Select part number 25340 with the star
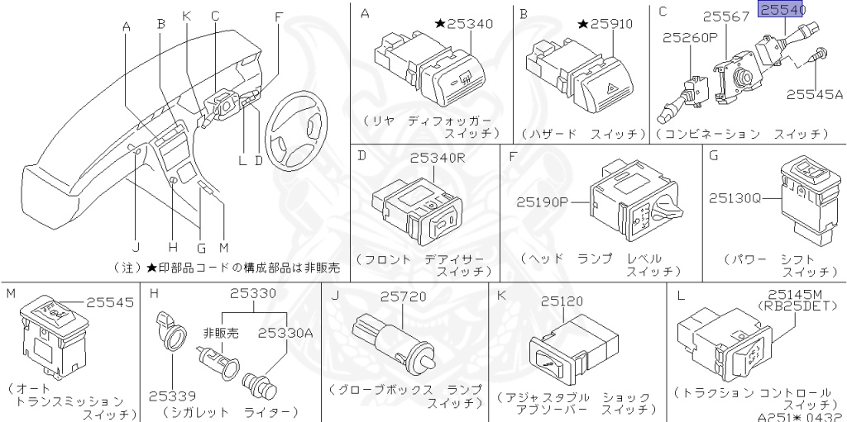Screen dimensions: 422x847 tap(464, 23)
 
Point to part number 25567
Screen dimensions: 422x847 tap(726, 16)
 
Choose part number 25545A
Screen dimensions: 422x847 tap(814, 95)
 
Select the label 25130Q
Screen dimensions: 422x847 tap(735, 198)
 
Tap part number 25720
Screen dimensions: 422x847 tap(403, 296)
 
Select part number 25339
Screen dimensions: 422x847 tap(170, 396)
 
